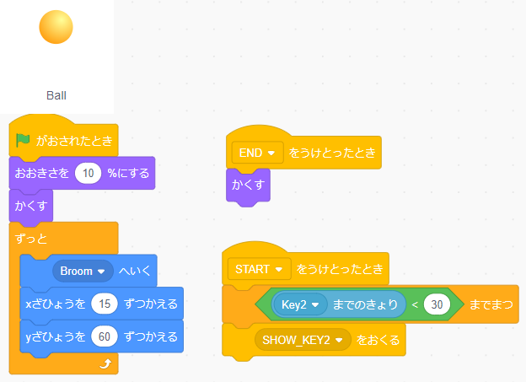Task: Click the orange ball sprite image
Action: pyautogui.click(x=56, y=27)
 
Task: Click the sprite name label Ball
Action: pyautogui.click(x=56, y=95)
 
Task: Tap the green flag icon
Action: pyautogui.click(x=23, y=140)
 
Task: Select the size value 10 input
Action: pyautogui.click(x=88, y=173)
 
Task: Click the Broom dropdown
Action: pyautogui.click(x=82, y=272)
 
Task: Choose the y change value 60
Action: pyautogui.click(x=105, y=336)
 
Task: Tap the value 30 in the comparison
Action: pyautogui.click(x=436, y=304)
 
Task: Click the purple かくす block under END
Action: pyautogui.click(x=248, y=185)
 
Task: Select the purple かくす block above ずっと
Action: pyautogui.click(x=29, y=205)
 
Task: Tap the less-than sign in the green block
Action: pyautogui.click(x=415, y=304)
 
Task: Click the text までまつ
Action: pyautogui.click(x=490, y=304)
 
